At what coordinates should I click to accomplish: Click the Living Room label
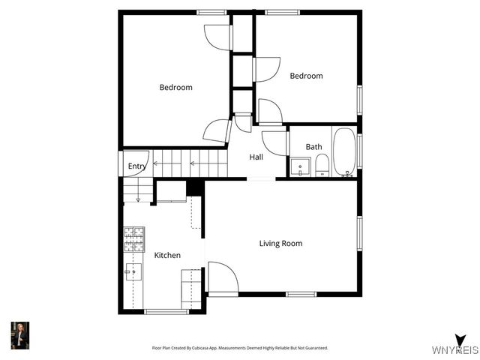(280, 243)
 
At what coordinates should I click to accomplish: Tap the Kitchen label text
(167, 255)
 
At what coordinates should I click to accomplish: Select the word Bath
(313, 147)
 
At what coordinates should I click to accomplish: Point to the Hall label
(256, 157)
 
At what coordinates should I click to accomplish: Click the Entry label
(136, 166)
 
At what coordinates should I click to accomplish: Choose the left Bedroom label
(175, 87)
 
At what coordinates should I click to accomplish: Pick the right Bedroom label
(306, 76)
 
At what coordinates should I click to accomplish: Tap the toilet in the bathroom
(321, 165)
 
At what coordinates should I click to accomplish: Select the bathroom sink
(298, 166)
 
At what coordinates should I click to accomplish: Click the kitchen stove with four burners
(133, 239)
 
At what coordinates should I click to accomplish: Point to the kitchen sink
(135, 271)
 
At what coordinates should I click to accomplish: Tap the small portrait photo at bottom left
(19, 335)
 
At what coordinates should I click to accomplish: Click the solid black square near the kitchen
(194, 187)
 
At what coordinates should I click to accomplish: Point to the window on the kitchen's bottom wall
(166, 311)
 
